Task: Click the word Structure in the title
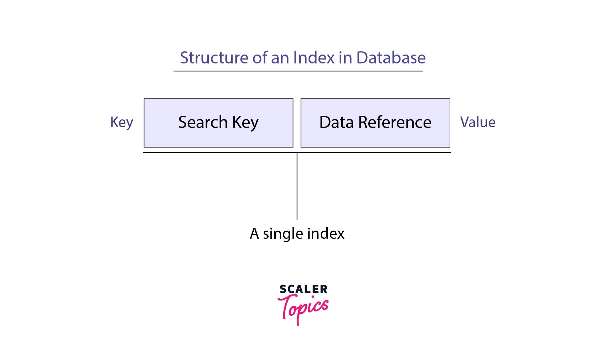coord(214,58)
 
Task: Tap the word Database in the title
coord(391,58)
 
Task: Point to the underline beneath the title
coord(298,71)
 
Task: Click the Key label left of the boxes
coord(121,123)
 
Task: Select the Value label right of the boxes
coord(478,122)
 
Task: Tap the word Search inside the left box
coord(203,122)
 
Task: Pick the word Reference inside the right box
coord(395,122)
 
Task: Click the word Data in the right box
coord(336,122)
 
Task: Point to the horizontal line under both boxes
coord(214,153)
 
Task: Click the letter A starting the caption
coord(254,234)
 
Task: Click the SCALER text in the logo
coord(303,289)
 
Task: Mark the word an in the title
coord(280,58)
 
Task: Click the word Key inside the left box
coord(245,123)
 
